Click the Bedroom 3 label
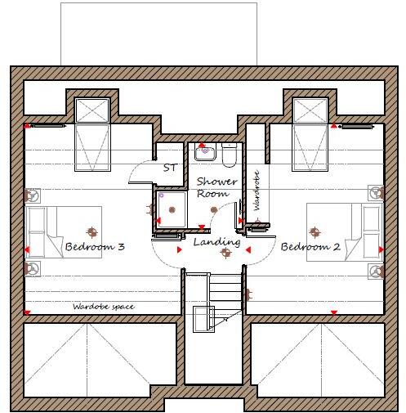tap(95, 246)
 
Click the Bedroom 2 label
tap(310, 246)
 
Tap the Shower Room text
tap(216, 187)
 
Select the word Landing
tap(216, 242)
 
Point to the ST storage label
tap(170, 168)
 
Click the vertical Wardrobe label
tap(257, 191)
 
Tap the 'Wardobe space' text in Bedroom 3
tap(102, 307)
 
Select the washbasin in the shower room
tap(203, 150)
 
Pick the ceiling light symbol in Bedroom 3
tap(91, 231)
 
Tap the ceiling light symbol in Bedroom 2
tap(314, 231)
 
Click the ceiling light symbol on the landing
tap(225, 254)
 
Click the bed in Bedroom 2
tap(344, 232)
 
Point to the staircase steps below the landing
tap(226, 286)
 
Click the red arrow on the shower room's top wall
tap(203, 143)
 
